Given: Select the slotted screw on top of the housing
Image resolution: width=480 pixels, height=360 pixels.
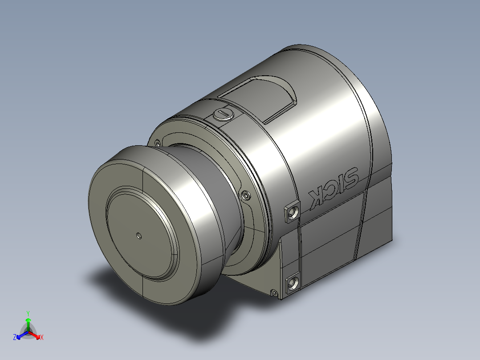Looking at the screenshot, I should pyautogui.click(x=223, y=114).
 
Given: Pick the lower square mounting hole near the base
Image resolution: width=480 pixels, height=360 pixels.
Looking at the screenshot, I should pyautogui.click(x=293, y=282).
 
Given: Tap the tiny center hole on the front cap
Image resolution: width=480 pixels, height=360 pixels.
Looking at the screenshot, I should pyautogui.click(x=139, y=235).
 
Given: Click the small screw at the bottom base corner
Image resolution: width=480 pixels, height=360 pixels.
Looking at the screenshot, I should pyautogui.click(x=273, y=293).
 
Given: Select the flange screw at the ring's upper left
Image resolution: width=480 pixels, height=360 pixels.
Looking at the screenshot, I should pyautogui.click(x=157, y=143).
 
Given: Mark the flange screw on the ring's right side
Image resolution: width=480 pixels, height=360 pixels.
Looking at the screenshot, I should pyautogui.click(x=245, y=195).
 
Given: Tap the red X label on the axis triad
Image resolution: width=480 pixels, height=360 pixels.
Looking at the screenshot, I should pyautogui.click(x=42, y=338).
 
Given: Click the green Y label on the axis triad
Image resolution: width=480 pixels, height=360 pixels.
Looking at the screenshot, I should pyautogui.click(x=28, y=313).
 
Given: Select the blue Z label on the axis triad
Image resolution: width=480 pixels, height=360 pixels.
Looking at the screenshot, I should pyautogui.click(x=15, y=338).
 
